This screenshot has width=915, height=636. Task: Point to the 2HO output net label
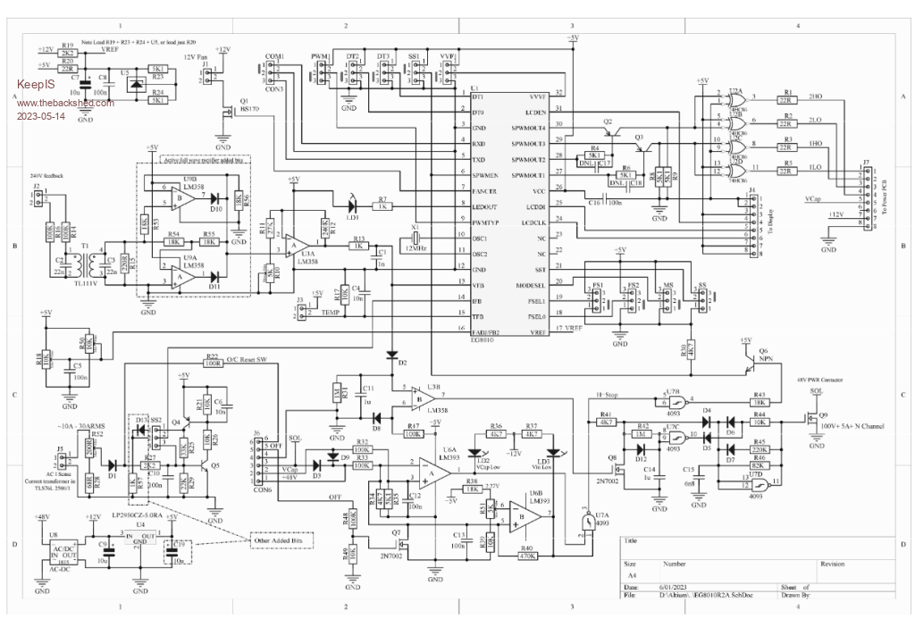[814, 95]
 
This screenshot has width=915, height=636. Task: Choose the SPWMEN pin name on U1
[485, 176]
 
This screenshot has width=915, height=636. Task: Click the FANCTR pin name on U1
[485, 191]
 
